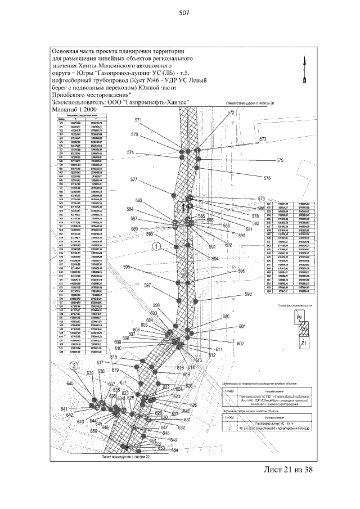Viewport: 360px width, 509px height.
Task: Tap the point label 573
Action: [x=263, y=138]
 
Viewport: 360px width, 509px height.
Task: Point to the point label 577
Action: [x=134, y=180]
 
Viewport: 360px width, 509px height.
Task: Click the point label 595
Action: [x=127, y=267]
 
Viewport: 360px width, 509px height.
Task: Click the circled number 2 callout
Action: [x=74, y=366]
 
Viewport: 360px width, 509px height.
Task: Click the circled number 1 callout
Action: [x=157, y=246]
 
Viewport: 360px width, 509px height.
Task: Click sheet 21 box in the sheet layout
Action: [x=304, y=342]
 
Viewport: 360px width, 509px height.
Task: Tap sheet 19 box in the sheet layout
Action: [x=299, y=318]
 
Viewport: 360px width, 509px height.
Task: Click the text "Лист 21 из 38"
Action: [x=287, y=470]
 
